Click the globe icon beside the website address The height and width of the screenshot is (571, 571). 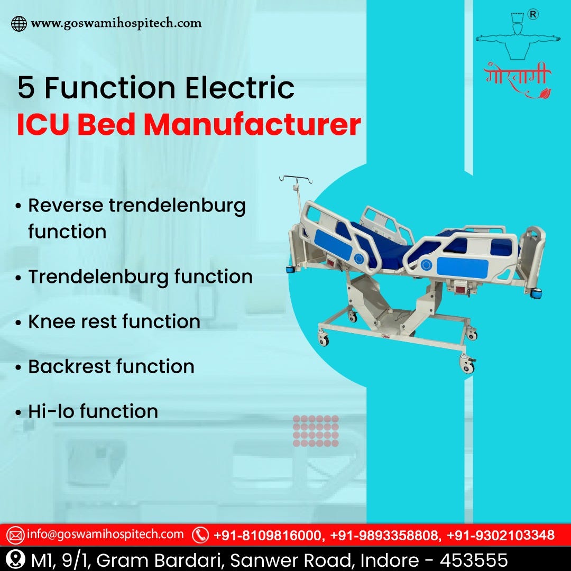pos(19,24)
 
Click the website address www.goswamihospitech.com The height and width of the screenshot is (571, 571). pos(116,23)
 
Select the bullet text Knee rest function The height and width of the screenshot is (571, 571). pos(114,321)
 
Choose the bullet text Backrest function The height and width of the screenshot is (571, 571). pos(111,366)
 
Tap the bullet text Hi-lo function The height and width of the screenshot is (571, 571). pos(93,411)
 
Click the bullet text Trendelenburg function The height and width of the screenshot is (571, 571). pos(140,277)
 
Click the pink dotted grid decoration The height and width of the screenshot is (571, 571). pos(316,431)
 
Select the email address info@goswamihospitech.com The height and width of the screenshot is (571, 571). pos(105,535)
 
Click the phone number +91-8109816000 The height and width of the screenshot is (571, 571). pos(268,535)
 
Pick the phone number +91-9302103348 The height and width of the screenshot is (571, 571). pos(501,535)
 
